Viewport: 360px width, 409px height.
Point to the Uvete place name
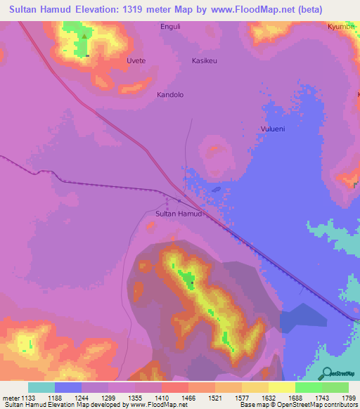pyautogui.click(x=136, y=61)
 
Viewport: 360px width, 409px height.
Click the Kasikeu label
pyautogui.click(x=205, y=61)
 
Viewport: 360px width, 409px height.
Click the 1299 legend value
pyautogui.click(x=109, y=398)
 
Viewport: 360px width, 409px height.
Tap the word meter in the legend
pyautogui.click(x=11, y=398)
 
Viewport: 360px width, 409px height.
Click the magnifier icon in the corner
pyautogui.click(x=326, y=375)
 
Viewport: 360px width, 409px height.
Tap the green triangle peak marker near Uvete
pyautogui.click(x=85, y=37)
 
